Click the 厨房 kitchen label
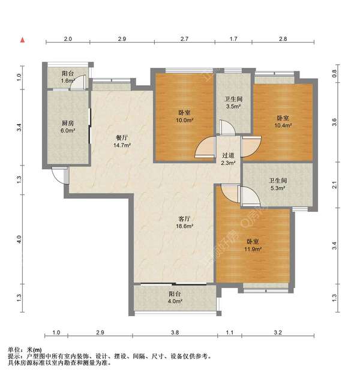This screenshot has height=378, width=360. [x=68, y=123]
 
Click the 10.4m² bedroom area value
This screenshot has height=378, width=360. [x=283, y=125]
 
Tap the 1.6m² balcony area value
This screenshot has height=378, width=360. [x=68, y=80]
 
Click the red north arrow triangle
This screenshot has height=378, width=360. [x=22, y=40]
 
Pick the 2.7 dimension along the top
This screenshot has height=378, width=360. [x=184, y=39]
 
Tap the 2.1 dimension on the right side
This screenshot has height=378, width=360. [x=334, y=185]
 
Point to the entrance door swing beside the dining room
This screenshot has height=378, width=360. [x=59, y=176]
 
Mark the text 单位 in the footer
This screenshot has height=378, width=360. [x=14, y=349]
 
